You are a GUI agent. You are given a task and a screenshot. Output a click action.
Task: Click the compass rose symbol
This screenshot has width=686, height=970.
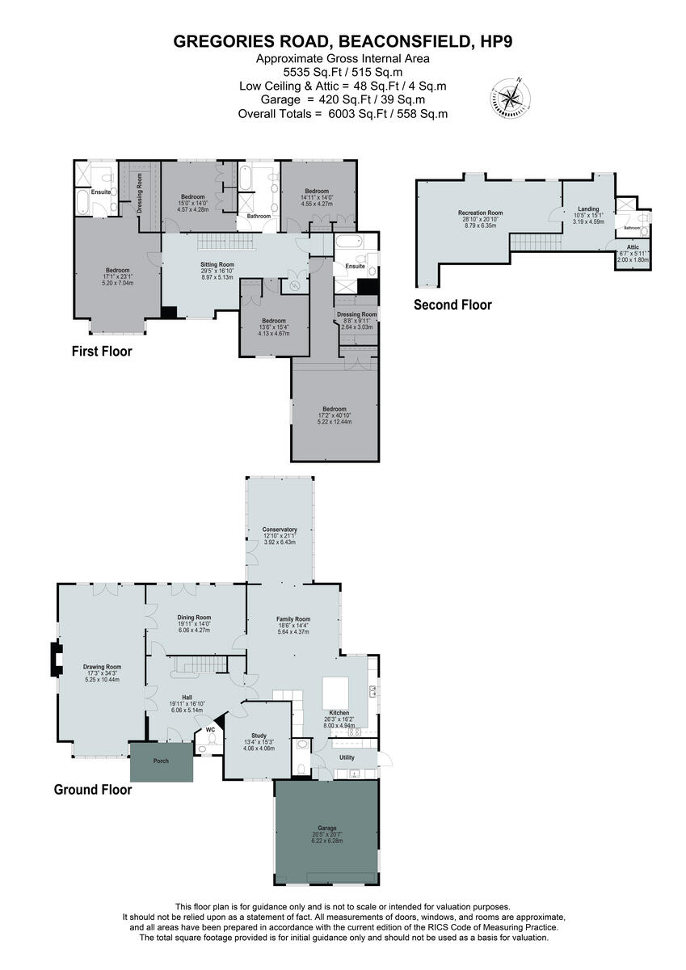click(511, 98)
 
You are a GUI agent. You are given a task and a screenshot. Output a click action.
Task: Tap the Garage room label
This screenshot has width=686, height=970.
click(326, 828)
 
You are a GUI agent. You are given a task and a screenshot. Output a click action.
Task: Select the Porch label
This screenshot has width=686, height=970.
click(161, 761)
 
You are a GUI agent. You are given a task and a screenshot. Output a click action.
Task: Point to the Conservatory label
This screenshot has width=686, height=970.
click(280, 529)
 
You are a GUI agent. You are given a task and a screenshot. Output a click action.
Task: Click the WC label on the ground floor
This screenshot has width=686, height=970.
click(210, 729)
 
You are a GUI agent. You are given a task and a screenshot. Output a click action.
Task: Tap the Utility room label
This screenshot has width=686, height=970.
click(347, 757)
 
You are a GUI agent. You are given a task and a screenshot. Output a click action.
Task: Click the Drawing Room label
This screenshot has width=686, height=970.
click(102, 667)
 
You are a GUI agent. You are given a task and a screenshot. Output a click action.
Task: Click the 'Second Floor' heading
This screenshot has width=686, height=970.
click(452, 305)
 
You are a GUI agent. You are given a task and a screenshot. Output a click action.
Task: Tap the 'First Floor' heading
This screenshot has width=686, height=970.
click(101, 352)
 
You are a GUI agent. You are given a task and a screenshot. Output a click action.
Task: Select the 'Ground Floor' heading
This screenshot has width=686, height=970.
click(93, 790)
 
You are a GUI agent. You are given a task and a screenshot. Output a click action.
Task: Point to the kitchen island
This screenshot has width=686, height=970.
click(339, 693)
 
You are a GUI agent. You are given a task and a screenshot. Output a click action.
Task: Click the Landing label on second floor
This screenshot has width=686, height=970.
click(588, 209)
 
